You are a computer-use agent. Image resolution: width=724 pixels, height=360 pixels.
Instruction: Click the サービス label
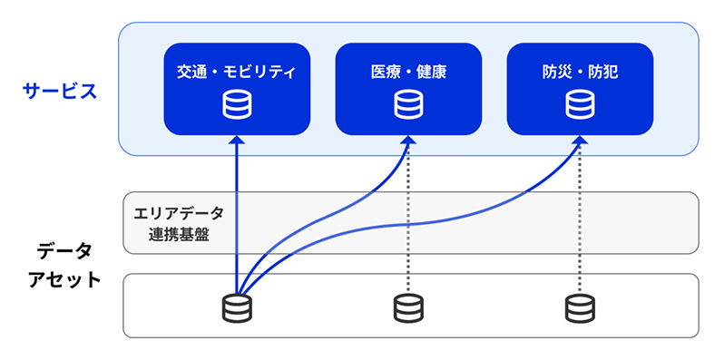60,91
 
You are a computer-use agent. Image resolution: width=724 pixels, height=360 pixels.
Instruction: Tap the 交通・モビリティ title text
236,70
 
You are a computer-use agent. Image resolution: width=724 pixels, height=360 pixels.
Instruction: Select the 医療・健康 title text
408,70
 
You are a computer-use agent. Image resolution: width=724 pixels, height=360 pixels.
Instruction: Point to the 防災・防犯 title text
580,70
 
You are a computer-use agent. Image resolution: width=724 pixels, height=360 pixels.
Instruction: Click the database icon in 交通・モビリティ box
236,105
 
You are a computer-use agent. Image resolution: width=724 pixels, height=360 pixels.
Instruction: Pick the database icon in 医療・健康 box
408,105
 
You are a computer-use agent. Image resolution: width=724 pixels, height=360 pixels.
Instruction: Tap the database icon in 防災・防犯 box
580,105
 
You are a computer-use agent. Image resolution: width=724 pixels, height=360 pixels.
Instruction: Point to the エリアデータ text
178,214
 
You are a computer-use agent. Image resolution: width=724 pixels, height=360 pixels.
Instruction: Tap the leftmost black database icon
237,307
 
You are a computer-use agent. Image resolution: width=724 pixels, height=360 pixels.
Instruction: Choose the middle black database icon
408,307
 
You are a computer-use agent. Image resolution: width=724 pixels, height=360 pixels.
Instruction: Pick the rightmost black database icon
580,307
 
